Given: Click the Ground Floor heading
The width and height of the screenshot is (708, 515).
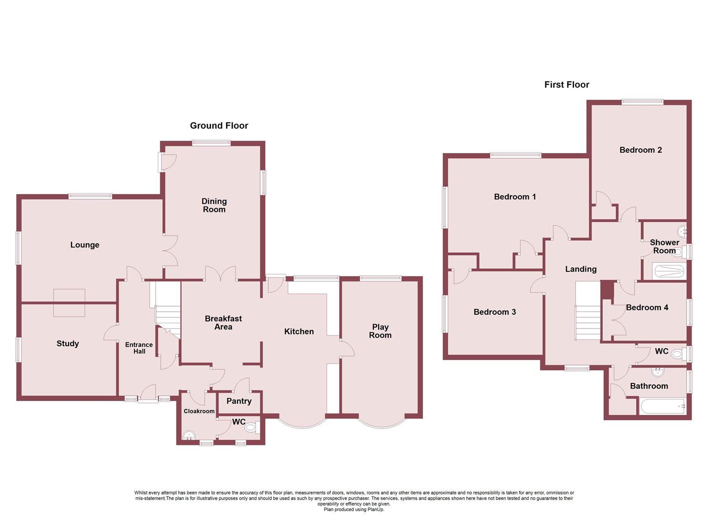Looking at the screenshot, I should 219,125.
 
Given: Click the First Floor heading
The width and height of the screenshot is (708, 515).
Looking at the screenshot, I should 566,84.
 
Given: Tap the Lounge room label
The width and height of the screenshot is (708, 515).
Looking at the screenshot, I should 85,245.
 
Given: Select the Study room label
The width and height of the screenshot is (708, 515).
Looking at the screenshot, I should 68,343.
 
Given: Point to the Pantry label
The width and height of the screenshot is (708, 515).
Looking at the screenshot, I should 239,401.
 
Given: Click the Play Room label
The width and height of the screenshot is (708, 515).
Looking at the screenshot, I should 380,331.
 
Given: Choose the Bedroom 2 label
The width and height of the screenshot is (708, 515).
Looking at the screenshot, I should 640,150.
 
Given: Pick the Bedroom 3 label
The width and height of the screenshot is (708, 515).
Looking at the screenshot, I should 494,312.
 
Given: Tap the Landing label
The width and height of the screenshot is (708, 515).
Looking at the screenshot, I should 581,269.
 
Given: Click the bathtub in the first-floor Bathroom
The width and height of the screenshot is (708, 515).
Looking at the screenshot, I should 663,407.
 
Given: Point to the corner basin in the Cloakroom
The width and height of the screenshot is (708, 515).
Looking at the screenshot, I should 189,435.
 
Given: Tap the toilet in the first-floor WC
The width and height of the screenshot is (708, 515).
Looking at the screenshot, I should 677,354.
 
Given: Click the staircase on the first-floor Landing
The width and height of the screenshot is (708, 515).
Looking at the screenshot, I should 588,311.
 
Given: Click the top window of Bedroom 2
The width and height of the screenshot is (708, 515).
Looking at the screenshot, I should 642,102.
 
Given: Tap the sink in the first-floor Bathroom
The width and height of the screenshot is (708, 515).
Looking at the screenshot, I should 659,371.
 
